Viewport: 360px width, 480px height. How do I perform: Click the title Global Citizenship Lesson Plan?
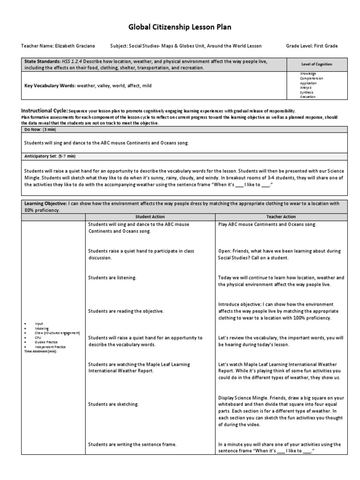point(180,27)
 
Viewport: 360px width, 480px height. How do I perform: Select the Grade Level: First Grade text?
point(312,46)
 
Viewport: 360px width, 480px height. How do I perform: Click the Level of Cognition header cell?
point(316,64)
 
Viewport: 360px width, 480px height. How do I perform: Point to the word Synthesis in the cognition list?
point(307,92)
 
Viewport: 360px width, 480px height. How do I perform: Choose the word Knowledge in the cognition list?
point(308,74)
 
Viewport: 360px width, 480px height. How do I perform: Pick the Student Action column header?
point(150,217)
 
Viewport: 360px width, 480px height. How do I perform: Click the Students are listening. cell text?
point(112,278)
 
